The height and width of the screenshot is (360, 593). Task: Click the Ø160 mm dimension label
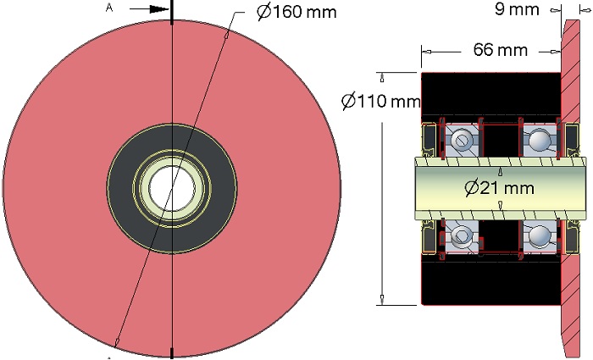click(x=296, y=12)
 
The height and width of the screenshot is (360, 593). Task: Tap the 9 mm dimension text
click(x=517, y=9)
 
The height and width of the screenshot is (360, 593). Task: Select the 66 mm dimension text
click(x=501, y=49)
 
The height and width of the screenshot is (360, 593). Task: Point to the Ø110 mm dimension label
click(x=381, y=101)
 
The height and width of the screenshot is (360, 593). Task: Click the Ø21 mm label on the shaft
click(x=499, y=187)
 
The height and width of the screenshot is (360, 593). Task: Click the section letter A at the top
click(x=109, y=8)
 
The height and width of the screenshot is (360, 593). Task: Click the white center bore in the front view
click(x=172, y=188)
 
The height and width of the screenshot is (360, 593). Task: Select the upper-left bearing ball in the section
click(x=463, y=140)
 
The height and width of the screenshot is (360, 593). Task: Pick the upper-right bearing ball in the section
click(x=538, y=141)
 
